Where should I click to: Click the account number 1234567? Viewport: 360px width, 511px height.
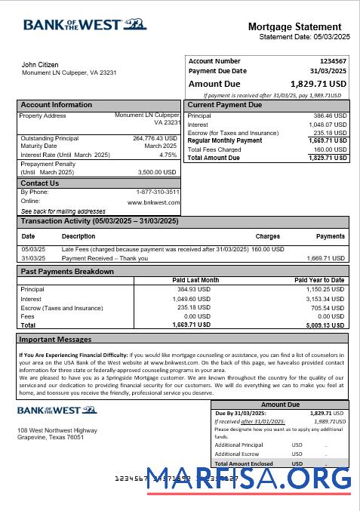coord(333,61)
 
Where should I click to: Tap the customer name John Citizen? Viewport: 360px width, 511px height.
coord(40,65)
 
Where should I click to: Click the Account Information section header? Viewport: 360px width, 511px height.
coord(57,105)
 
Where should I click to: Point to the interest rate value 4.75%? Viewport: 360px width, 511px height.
coord(168,155)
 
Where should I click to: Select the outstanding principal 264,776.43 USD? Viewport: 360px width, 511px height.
coord(155,138)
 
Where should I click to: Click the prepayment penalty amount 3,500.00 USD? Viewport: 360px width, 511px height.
coord(157,172)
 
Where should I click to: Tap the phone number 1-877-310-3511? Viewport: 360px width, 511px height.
coord(158,192)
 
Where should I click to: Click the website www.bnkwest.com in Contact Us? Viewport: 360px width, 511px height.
coord(153,202)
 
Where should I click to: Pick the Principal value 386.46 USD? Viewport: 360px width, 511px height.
coord(330,116)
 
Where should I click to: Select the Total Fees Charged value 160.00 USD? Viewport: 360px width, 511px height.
coord(330,149)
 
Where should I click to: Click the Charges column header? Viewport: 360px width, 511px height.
coord(268,236)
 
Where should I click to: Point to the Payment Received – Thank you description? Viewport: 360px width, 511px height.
coord(104,258)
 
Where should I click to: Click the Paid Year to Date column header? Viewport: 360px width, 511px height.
coord(319,280)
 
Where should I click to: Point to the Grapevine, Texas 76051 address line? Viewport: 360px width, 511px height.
coord(51,437)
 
